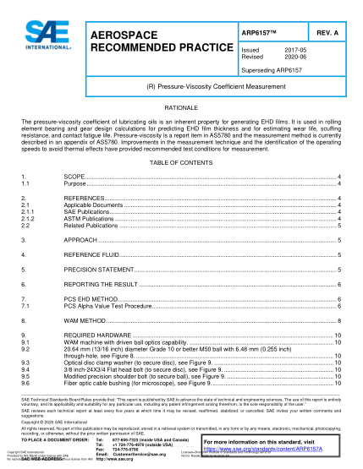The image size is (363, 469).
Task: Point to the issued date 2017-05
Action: pos(294,52)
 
